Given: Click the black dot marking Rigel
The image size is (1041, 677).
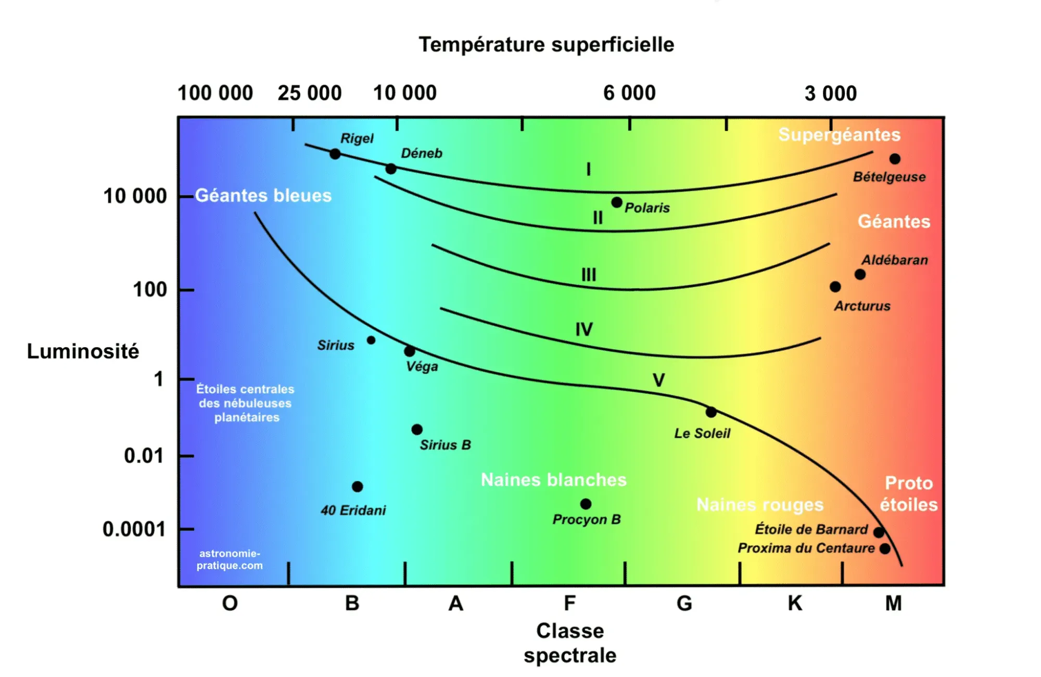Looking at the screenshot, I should point(335,154).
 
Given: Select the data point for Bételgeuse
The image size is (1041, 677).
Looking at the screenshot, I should point(895,159).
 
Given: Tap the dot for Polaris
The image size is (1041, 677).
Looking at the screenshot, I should point(617,202).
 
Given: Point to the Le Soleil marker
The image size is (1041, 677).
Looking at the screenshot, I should point(711,412).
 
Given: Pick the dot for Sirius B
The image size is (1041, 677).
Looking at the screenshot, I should point(417,429).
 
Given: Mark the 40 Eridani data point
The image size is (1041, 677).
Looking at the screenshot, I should point(357,487).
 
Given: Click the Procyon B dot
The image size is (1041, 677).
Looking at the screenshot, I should point(586,504).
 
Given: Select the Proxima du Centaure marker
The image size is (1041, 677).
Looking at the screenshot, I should point(885,548).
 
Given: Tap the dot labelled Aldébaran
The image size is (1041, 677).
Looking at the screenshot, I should point(860,274).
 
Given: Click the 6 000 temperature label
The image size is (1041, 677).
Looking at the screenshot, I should point(629,93).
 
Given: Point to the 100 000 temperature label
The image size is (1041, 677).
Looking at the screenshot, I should point(215,93).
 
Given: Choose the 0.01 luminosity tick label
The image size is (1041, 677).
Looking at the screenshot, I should point(144,456).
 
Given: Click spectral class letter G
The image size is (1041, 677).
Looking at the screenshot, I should point(684,604).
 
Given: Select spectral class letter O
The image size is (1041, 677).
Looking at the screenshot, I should point(230,604).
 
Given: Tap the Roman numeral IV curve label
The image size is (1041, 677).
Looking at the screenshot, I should point(584,329).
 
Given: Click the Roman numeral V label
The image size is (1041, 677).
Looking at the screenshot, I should point(658,380).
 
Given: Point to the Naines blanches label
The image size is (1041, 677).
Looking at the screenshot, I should point(553,479).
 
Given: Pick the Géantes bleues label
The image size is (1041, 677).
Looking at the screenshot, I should point(263,195).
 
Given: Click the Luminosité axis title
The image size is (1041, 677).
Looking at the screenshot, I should point(83,351).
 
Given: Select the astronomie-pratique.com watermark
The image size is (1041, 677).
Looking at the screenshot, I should point(230,559).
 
